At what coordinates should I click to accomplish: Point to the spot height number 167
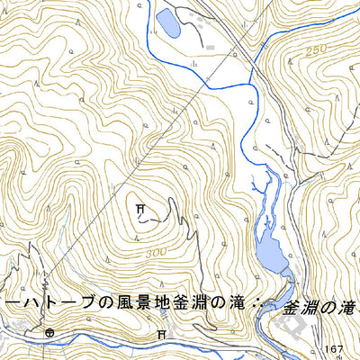coord(336,349)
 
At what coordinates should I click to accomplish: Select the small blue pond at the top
coord(168,24)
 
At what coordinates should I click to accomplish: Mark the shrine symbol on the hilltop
coord(141,210)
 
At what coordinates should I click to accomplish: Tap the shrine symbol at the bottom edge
coord(161,335)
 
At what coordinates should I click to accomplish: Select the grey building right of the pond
coord(210,43)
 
